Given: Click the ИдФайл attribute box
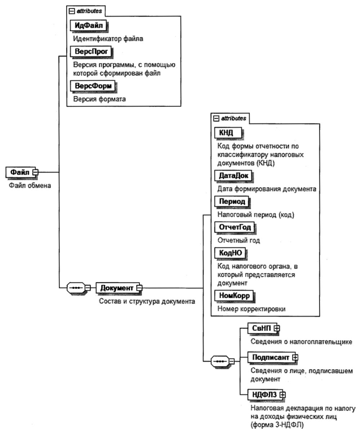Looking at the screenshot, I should [x=89, y=25].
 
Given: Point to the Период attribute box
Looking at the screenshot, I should [x=231, y=201].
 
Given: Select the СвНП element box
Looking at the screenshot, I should [x=261, y=328].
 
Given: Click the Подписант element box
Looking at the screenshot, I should [x=270, y=357].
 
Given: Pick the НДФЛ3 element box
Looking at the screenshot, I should [x=263, y=394].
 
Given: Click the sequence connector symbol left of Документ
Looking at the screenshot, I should [x=76, y=288].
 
